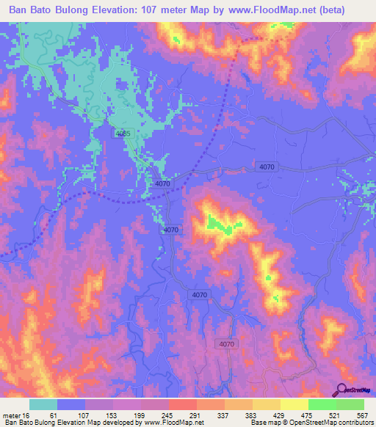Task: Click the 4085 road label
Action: pos(123,134)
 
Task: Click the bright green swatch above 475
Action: pos(322,404)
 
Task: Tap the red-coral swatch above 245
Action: pos(182,404)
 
